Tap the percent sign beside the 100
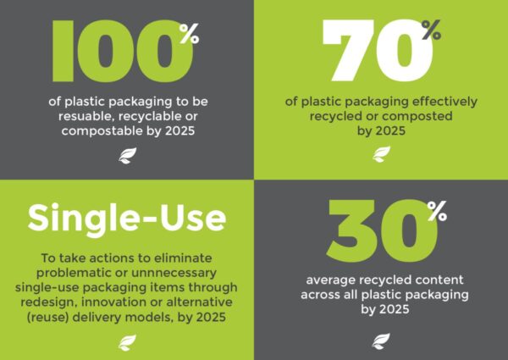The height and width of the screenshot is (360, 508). click(x=190, y=33)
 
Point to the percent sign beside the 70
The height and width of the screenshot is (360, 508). click(x=431, y=30)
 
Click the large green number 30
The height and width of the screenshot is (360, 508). click(x=382, y=230)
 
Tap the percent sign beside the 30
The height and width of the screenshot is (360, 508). click(x=437, y=211)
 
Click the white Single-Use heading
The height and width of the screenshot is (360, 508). click(x=127, y=219)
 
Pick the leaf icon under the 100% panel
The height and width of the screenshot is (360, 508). click(x=127, y=156)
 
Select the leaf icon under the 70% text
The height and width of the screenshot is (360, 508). click(x=381, y=154)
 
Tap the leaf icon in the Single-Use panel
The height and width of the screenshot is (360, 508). click(x=127, y=343)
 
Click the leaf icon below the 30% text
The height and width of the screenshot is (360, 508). click(x=381, y=341)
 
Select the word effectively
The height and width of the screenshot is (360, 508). click(x=444, y=102)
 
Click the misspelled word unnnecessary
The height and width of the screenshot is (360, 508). click(x=174, y=273)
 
